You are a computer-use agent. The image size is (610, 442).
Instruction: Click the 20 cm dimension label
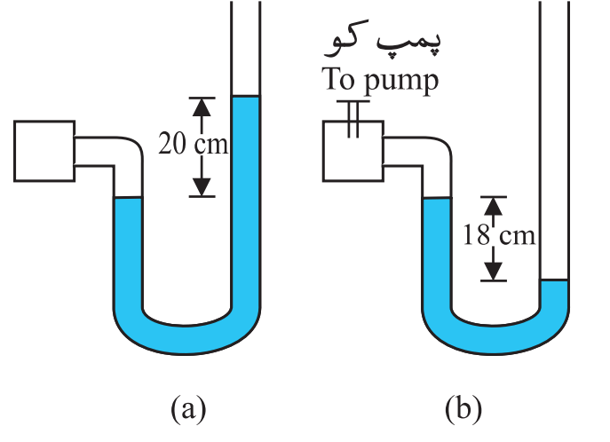pos(193,144)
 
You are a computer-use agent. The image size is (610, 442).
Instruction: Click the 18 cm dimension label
pos(500,235)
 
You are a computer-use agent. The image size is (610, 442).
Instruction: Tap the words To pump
pos(380,80)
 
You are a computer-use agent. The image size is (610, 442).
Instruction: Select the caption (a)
pos(188,408)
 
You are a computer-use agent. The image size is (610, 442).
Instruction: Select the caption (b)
pos(463,408)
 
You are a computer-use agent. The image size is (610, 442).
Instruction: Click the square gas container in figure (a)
pos(44,151)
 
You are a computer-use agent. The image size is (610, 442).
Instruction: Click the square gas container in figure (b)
pos(353,151)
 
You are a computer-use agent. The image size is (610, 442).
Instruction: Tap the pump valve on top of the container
pos(353,119)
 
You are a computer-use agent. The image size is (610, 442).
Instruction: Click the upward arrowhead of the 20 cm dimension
pos(202,107)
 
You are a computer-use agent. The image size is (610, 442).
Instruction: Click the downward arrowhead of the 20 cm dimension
pos(202,187)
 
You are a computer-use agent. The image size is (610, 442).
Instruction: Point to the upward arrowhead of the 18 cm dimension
pos(494,207)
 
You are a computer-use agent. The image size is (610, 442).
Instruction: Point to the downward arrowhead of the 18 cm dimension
pos(494,271)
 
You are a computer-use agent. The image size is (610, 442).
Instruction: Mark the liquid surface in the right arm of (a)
pos(246,96)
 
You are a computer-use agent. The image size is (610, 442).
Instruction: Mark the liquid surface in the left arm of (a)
pos(128,198)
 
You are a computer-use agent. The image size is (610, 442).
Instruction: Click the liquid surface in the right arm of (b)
pos(554,280)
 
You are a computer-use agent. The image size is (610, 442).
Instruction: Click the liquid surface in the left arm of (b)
pos(437,198)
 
